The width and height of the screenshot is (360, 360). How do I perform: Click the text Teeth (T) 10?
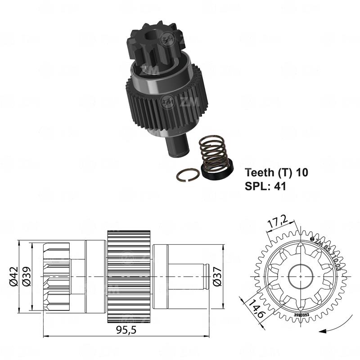pos(277,172)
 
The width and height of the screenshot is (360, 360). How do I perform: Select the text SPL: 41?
pos(265,184)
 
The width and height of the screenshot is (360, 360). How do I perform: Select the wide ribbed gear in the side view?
pos(129,275)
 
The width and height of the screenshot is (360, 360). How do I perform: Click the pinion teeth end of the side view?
pos(56,275)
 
